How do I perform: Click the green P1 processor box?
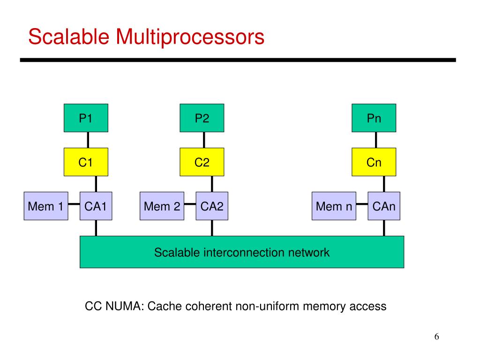coord(86,118)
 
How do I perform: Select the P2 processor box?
coord(202,118)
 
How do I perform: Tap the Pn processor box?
coord(374,118)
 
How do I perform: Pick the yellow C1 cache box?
coord(86,162)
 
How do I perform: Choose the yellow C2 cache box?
coord(202,162)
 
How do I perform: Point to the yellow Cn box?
coord(374,162)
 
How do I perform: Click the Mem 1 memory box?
coord(46,206)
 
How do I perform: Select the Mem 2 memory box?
coord(162,206)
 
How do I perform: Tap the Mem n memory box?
coord(334,206)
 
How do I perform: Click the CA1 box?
coord(96,206)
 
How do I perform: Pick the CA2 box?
coord(212,206)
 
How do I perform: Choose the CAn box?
coord(384,206)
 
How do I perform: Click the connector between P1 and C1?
coord(88,140)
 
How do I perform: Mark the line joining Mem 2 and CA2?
coord(190,204)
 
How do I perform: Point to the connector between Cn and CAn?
coord(384,184)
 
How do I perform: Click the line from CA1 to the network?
coord(96,228)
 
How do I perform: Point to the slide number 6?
coord(436,337)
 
